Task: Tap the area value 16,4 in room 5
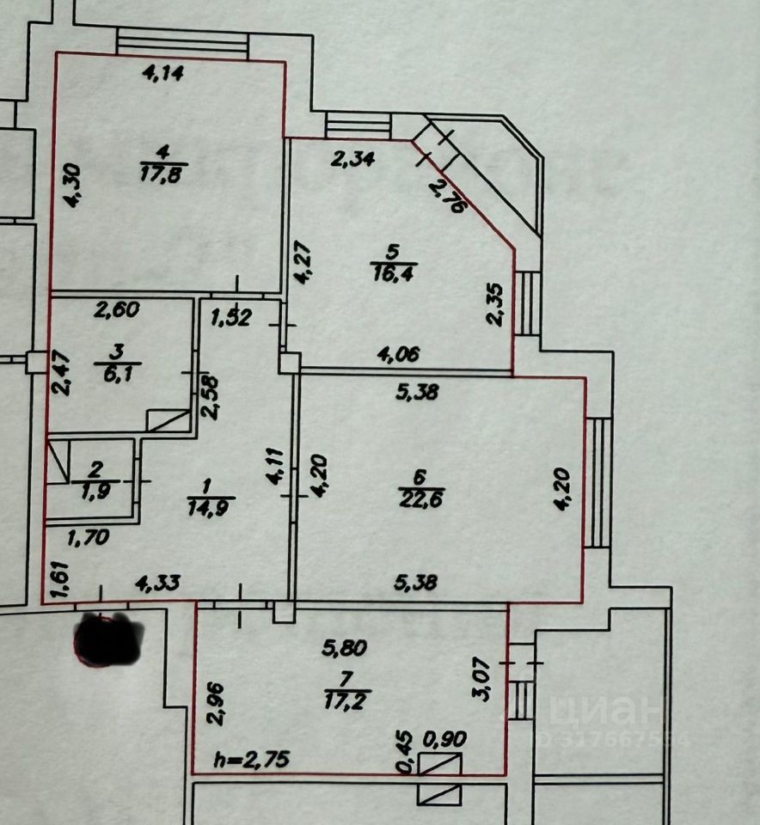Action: click(395, 273)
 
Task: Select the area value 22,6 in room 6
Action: click(421, 498)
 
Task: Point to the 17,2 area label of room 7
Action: click(347, 700)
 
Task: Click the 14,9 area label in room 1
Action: click(210, 508)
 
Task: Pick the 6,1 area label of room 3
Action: click(118, 374)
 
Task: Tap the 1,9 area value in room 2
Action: click(96, 491)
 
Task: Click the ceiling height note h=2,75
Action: click(252, 759)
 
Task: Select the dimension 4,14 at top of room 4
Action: click(163, 73)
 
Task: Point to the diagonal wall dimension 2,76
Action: click(448, 196)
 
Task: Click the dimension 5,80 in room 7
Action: click(345, 648)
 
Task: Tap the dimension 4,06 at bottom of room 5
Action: click(398, 353)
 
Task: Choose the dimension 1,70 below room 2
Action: click(89, 537)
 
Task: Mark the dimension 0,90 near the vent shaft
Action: click(444, 739)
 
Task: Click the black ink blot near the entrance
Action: click(109, 639)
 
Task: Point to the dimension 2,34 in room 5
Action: click(352, 158)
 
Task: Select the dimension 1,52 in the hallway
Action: click(231, 318)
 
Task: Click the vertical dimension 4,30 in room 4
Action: click(73, 186)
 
